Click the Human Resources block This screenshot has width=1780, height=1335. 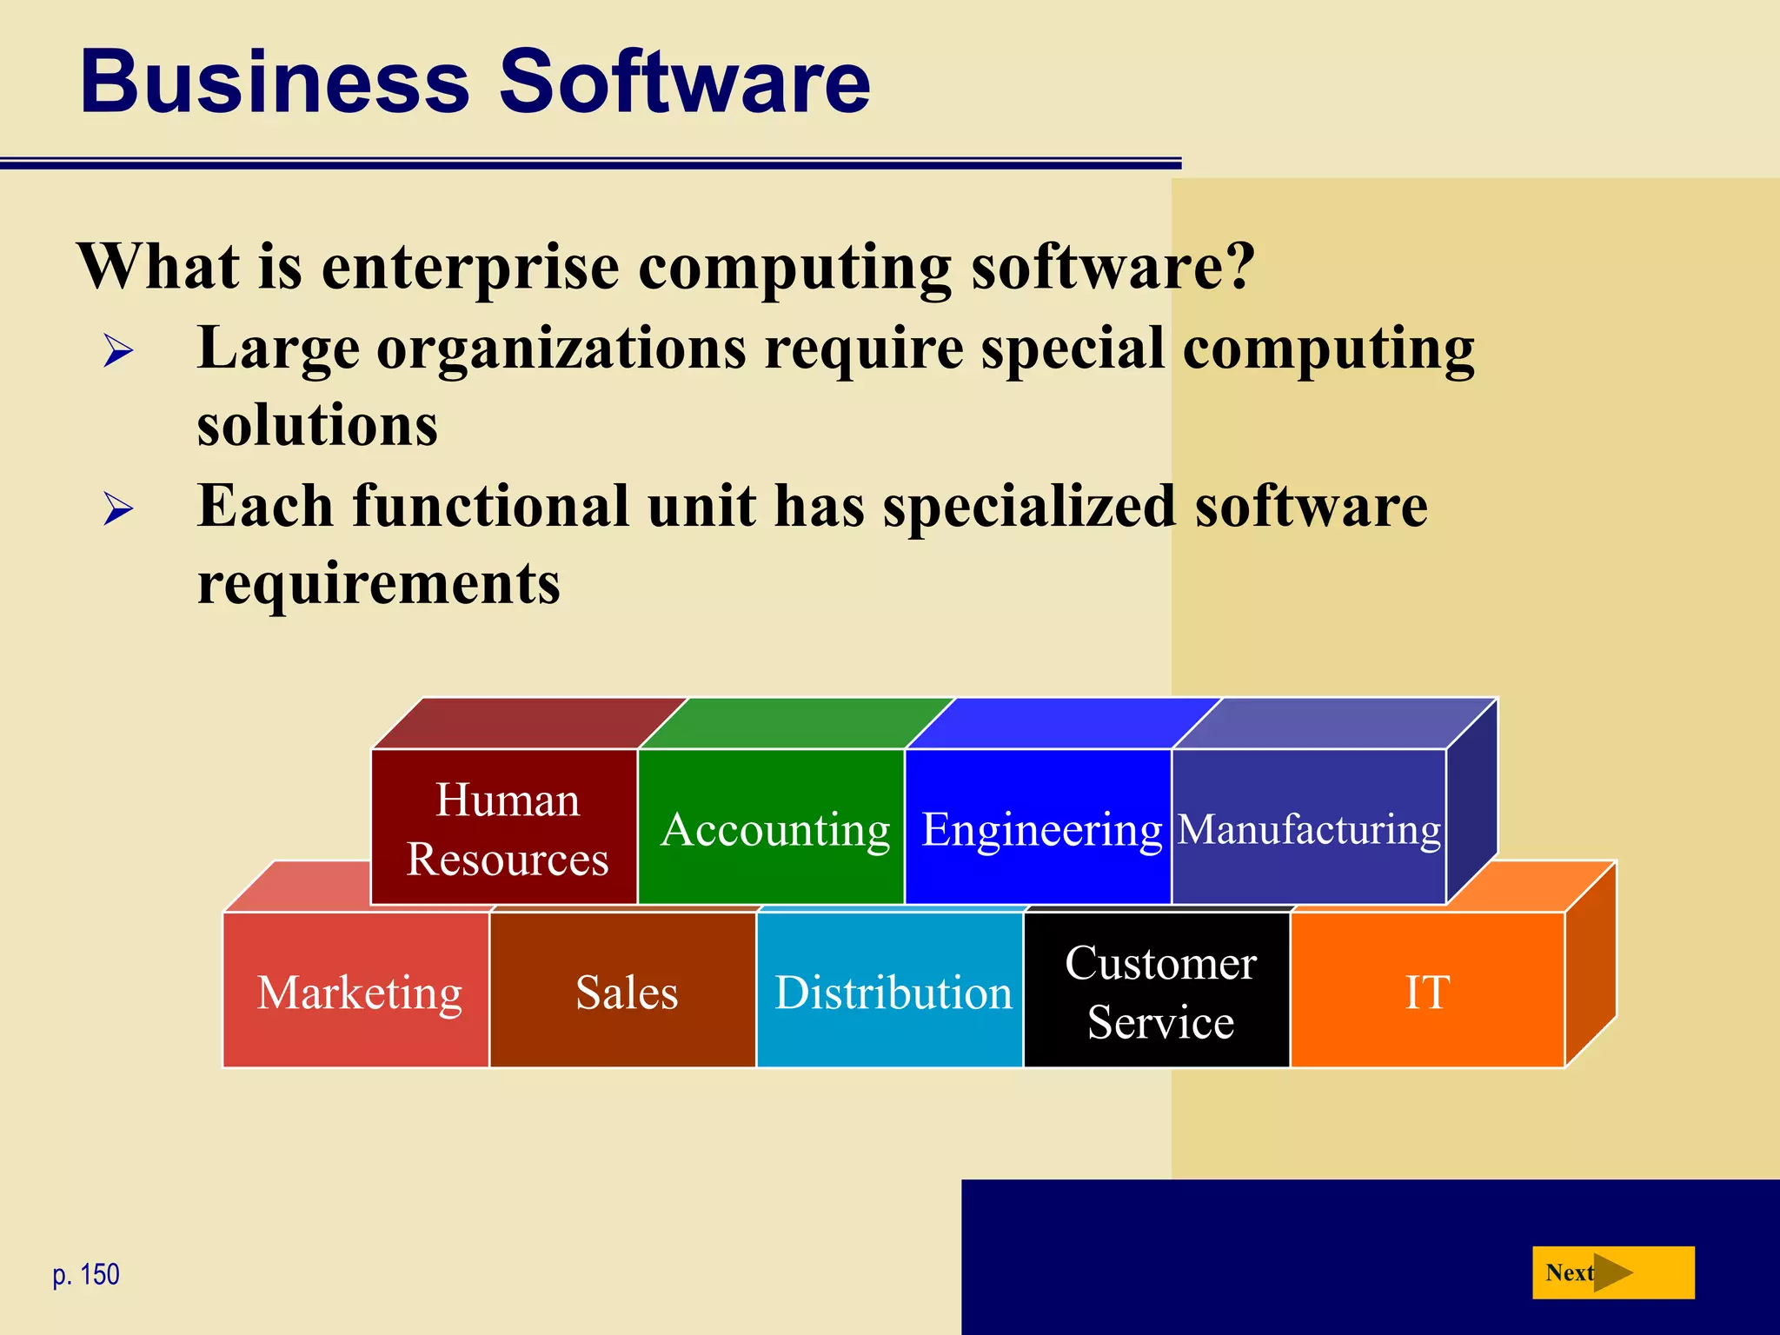[506, 827]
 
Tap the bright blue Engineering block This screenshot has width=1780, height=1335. [1040, 827]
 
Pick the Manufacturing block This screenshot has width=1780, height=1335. [1309, 827]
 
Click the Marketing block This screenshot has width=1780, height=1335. [358, 991]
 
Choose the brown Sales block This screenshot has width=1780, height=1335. [626, 991]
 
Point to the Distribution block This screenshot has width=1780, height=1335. [893, 991]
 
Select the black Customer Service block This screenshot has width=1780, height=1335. [1159, 991]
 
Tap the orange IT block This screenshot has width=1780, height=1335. [1427, 991]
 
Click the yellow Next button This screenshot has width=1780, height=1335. [1612, 1272]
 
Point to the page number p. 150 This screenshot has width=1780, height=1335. [86, 1274]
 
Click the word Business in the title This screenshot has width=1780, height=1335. [274, 82]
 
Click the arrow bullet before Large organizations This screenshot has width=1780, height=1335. [118, 351]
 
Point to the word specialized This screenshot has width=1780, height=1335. [1029, 508]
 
